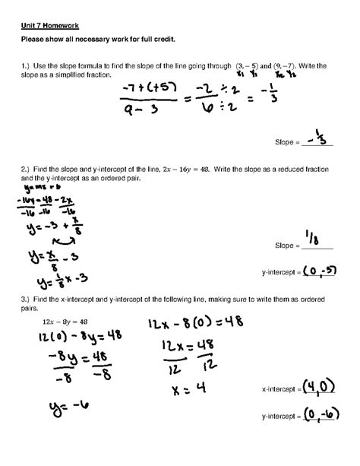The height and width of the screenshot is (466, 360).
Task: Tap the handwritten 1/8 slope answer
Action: pyautogui.click(x=317, y=241)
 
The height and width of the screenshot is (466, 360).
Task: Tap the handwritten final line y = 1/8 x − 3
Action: pyautogui.click(x=60, y=278)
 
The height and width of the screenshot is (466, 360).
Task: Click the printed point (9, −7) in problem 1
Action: pyautogui.click(x=288, y=68)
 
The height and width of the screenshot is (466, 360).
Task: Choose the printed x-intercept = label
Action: pyautogui.click(x=282, y=390)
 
